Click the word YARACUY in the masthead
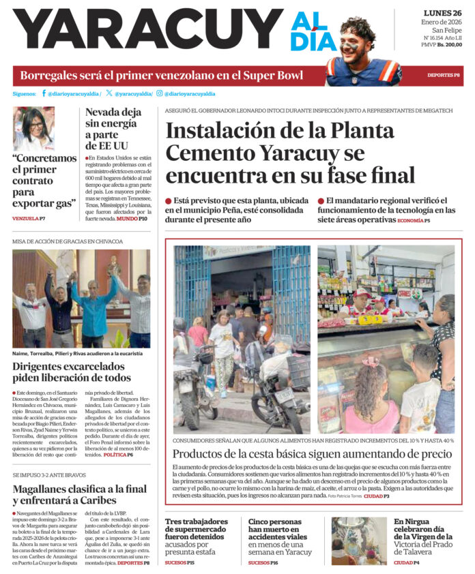[147, 31]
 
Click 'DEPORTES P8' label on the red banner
[443, 76]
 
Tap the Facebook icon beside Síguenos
[44, 93]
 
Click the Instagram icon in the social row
[159, 93]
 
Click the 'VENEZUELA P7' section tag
[29, 218]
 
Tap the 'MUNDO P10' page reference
[131, 218]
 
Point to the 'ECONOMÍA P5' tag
[414, 220]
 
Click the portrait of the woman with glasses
[33, 128]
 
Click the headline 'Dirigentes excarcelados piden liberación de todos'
[72, 372]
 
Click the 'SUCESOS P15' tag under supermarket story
[179, 562]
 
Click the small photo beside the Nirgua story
[360, 541]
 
